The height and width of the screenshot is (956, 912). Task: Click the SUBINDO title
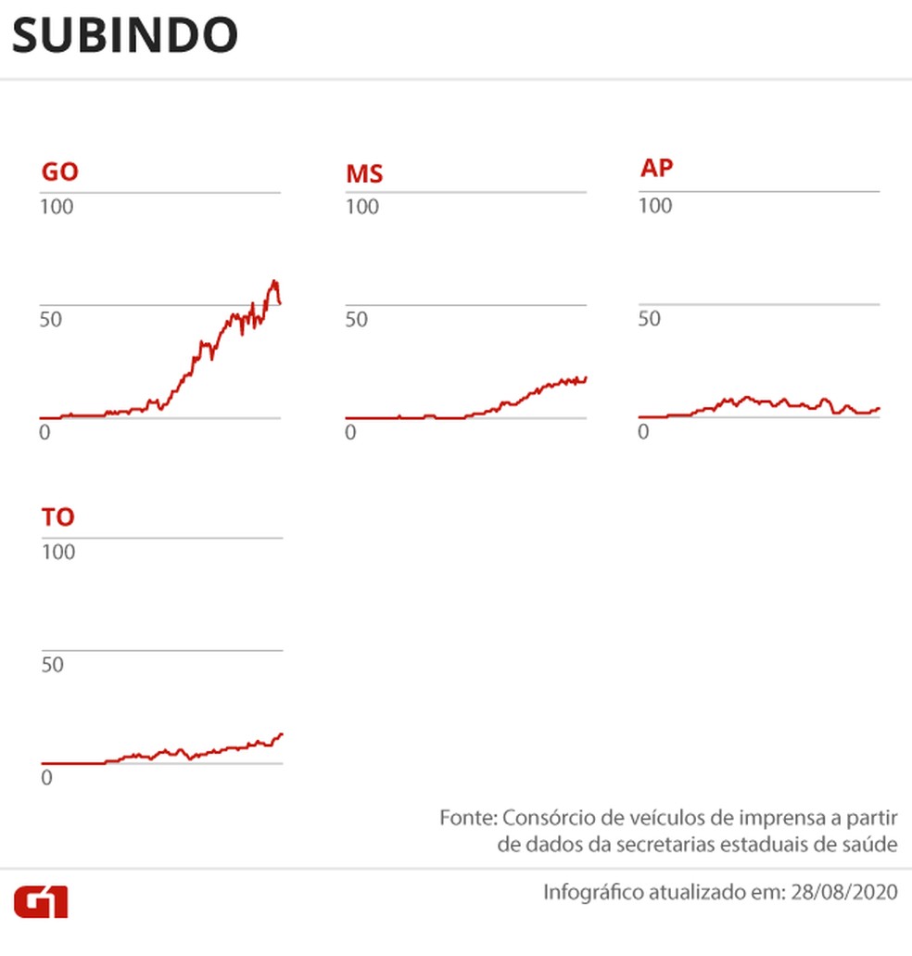pos(125,35)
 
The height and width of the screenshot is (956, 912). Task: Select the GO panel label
pos(59,172)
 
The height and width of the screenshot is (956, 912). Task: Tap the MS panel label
pos(364,173)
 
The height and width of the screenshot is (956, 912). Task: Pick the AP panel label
pos(656,168)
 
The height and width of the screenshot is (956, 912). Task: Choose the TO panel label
pos(57,516)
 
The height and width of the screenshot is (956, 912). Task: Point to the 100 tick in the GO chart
pos(57,206)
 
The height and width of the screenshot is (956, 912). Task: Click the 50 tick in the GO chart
pos(51,319)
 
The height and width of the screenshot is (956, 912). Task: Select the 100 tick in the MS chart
pos(362,206)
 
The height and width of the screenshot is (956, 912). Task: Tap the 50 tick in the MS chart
pos(357,319)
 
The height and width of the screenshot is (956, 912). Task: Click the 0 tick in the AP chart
pos(644,432)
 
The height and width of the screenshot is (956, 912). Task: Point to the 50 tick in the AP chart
pos(649,319)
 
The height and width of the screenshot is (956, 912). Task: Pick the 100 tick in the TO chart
pos(57,552)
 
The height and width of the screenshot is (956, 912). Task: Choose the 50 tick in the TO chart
pos(51,665)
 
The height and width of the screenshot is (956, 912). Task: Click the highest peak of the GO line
pos(274,281)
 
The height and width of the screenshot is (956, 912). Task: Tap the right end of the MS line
pos(587,377)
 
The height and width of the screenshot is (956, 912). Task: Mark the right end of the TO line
pos(282,733)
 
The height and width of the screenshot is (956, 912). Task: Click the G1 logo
pos(41,900)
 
